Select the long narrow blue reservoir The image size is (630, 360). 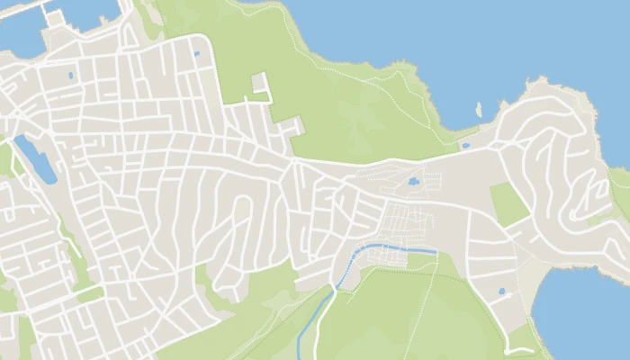(x=35, y=159)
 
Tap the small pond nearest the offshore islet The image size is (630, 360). (x=465, y=144)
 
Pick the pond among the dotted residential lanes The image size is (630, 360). (x=413, y=182)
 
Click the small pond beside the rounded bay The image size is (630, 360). (x=501, y=291)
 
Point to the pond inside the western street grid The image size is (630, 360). (x=71, y=76)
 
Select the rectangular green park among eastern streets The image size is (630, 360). (x=509, y=204)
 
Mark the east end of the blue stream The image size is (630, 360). (x=436, y=250)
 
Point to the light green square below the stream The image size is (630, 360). (x=420, y=261)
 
